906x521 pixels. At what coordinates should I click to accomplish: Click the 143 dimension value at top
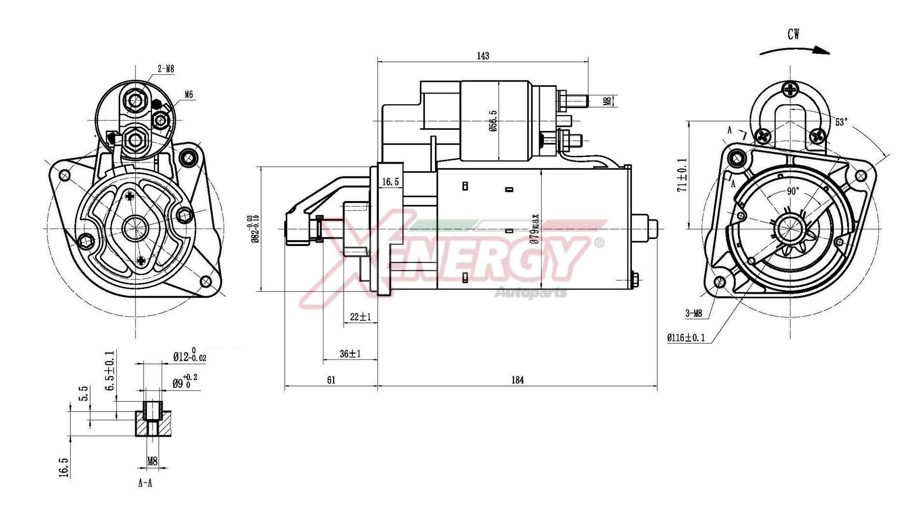(483, 56)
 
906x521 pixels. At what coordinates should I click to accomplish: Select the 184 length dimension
(517, 380)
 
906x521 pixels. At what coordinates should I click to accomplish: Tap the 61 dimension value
(331, 380)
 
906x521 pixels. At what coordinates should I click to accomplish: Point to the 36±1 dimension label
(350, 354)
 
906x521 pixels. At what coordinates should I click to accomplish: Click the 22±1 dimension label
(360, 317)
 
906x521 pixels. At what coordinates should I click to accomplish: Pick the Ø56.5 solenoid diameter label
(493, 122)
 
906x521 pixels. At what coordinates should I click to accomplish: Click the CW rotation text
(794, 34)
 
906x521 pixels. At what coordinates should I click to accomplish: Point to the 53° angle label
(841, 122)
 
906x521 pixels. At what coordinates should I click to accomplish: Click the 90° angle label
(793, 192)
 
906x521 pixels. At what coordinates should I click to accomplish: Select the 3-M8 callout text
(694, 314)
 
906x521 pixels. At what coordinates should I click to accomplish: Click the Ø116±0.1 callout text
(686, 338)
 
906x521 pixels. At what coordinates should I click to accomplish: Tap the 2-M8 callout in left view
(166, 69)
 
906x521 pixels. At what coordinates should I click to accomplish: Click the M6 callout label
(188, 95)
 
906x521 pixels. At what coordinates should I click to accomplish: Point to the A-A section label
(145, 483)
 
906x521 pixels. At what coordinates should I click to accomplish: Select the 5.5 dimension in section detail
(84, 393)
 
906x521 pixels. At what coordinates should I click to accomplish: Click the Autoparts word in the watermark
(530, 292)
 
